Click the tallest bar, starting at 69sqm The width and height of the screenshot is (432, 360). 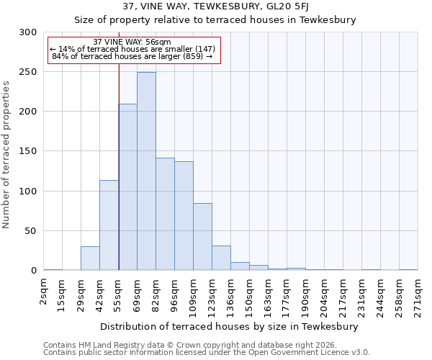pos(146,171)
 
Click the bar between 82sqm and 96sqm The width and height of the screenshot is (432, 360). pos(165,214)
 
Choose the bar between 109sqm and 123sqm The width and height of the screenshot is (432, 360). pos(202,237)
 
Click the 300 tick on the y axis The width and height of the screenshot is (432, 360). pos(28,32)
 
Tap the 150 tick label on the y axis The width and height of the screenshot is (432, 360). pos(28,152)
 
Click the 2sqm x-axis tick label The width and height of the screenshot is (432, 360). pos(44,292)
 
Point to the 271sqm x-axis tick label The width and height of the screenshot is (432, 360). pos(418,296)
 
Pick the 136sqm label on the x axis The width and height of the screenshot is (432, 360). pos(231,296)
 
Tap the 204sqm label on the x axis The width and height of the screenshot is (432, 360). pos(325,296)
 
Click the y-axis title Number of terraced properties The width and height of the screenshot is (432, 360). pos(6,155)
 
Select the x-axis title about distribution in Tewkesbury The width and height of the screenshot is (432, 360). pos(230,326)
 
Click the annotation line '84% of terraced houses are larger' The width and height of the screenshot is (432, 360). pos(132,56)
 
